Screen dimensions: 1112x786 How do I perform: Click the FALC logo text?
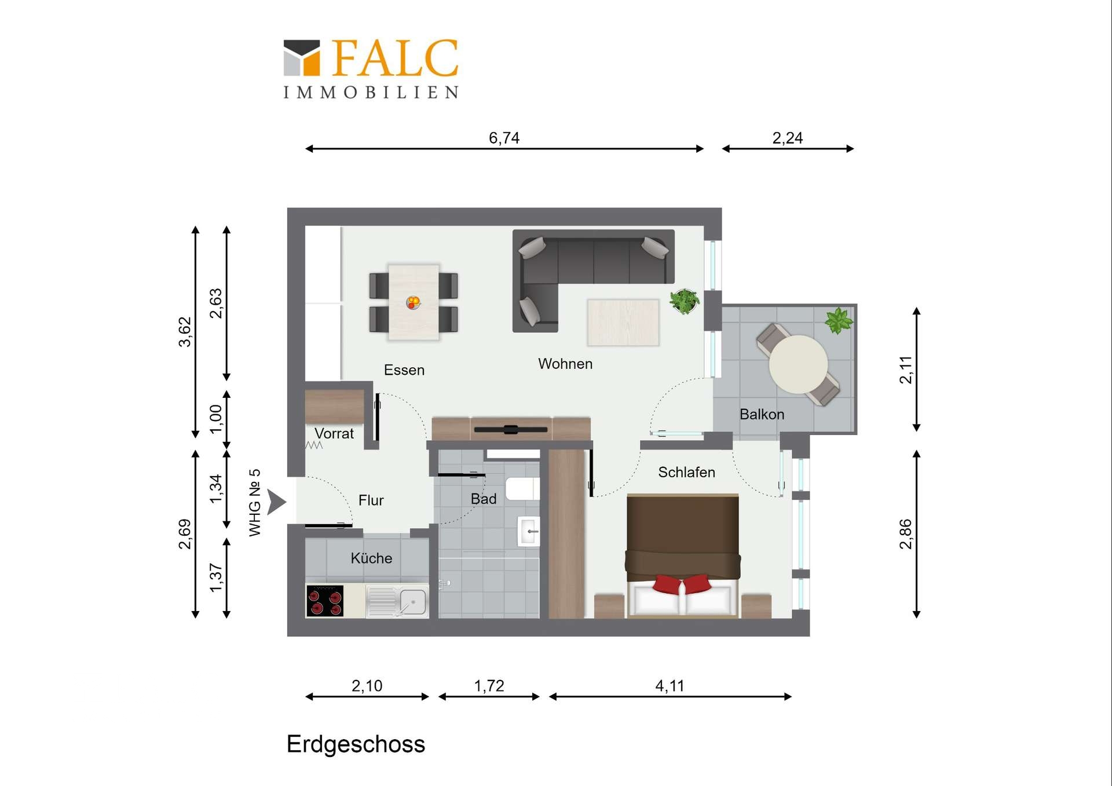pyautogui.click(x=396, y=58)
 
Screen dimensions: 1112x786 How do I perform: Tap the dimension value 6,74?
pyautogui.click(x=504, y=138)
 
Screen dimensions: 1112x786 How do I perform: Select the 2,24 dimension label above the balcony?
pyautogui.click(x=787, y=138)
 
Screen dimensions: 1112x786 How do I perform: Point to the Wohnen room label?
pyautogui.click(x=565, y=364)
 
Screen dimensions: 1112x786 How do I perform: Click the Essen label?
pyautogui.click(x=404, y=370)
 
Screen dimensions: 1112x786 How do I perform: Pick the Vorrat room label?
pyautogui.click(x=334, y=433)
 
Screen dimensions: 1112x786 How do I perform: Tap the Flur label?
pyautogui.click(x=371, y=500)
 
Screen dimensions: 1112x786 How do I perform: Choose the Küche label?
pyautogui.click(x=371, y=558)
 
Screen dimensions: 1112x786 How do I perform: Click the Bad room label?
pyautogui.click(x=484, y=499)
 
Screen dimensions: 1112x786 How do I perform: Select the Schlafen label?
pyautogui.click(x=686, y=472)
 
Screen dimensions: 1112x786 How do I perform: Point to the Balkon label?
pyautogui.click(x=762, y=414)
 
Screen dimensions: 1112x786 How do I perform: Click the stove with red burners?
pyautogui.click(x=324, y=601)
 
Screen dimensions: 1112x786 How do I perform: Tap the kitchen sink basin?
pyautogui.click(x=412, y=602)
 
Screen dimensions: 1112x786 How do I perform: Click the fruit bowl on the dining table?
pyautogui.click(x=413, y=302)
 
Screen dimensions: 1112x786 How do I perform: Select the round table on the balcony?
pyautogui.click(x=798, y=364)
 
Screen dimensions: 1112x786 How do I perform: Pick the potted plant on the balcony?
pyautogui.click(x=839, y=321)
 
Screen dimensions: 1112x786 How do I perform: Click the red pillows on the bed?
pyautogui.click(x=682, y=584)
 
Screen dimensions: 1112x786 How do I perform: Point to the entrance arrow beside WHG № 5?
pyautogui.click(x=276, y=502)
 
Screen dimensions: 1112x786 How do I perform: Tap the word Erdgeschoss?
pyautogui.click(x=356, y=744)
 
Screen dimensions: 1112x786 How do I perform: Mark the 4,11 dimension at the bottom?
pyautogui.click(x=670, y=686)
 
